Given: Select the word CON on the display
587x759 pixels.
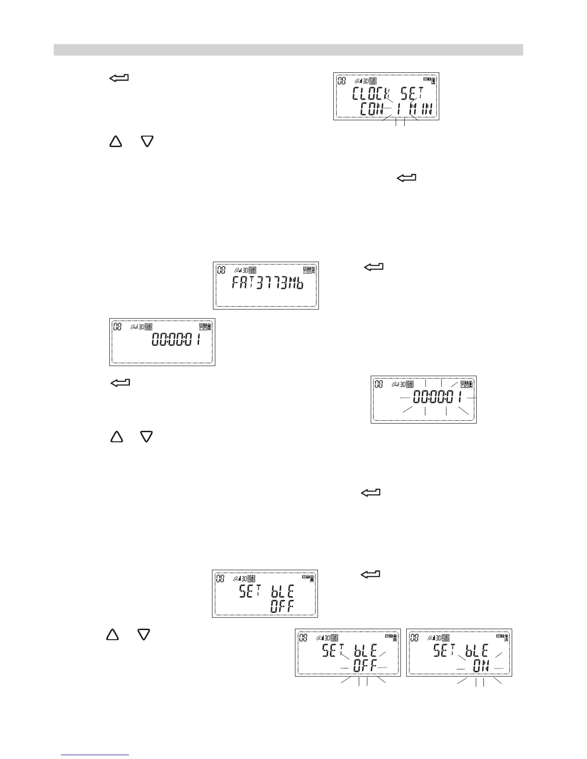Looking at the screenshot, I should coord(372,110).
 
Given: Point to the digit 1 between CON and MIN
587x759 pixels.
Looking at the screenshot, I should coord(399,110).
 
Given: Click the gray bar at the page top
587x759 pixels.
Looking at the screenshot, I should coord(288,50).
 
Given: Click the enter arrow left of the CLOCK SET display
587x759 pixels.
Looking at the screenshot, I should coord(119,78).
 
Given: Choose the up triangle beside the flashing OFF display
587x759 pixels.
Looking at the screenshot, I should coord(112,634).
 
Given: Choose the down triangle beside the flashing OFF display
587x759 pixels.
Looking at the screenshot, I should coord(144,634).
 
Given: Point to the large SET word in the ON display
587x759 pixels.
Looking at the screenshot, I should coord(444,651).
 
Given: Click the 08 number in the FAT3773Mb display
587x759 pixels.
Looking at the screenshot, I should coord(222,270).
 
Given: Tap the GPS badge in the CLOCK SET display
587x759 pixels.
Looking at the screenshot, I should coord(373,80).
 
